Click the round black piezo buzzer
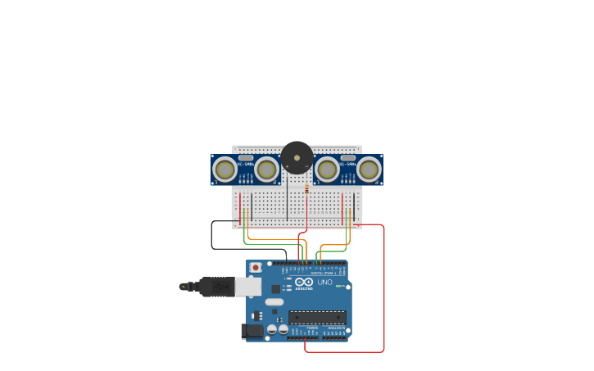tap(297, 157)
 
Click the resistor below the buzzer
tap(306, 189)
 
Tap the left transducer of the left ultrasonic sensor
tap(224, 170)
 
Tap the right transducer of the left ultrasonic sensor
tap(265, 170)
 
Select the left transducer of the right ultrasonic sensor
tap(327, 170)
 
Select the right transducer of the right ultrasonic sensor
tap(369, 170)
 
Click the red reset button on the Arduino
tap(256, 267)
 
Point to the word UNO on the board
tap(324, 282)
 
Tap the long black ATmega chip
tap(316, 317)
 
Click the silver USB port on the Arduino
tap(248, 286)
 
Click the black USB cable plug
tap(217, 287)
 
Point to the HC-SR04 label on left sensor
tap(245, 165)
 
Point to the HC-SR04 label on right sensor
tap(348, 165)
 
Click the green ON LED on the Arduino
tap(338, 286)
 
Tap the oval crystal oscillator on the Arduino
tap(274, 302)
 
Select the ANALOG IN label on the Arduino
tap(336, 328)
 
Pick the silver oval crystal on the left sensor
tap(245, 157)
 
